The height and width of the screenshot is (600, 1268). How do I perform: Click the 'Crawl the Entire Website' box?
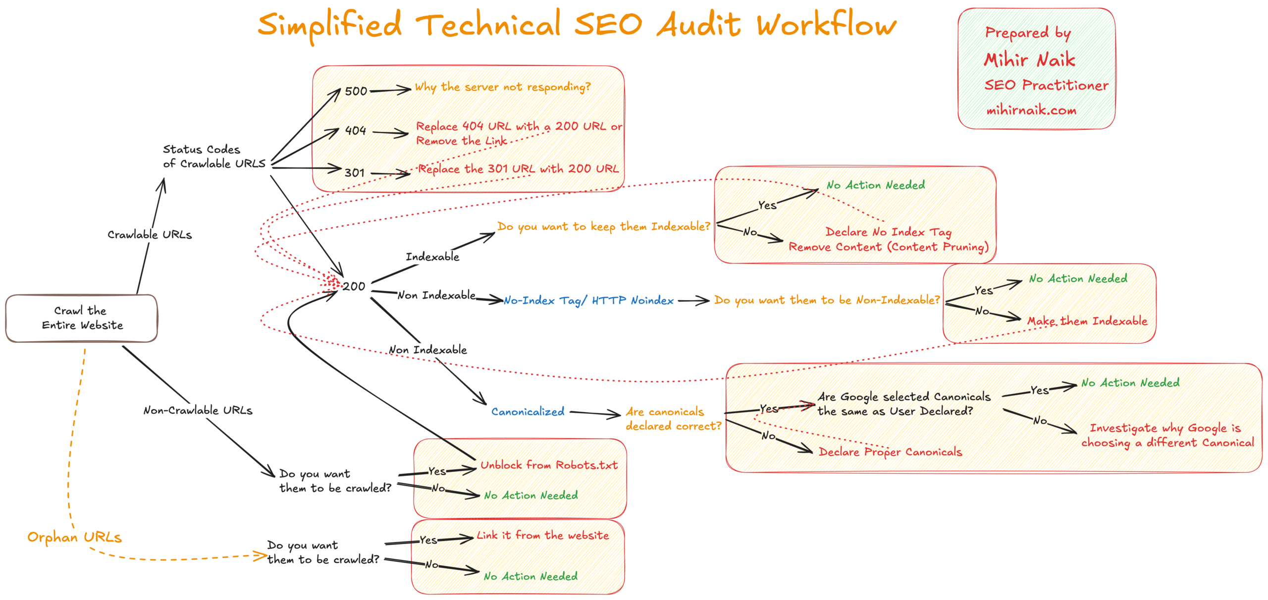click(x=82, y=318)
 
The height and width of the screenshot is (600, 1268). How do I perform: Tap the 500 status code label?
click(x=356, y=91)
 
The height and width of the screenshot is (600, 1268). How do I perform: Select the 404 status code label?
click(x=355, y=131)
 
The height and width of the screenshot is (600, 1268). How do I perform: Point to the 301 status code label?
click(x=355, y=173)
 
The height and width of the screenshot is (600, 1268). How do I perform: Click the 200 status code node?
click(x=354, y=286)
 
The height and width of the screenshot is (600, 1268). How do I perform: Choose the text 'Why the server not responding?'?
click(x=502, y=87)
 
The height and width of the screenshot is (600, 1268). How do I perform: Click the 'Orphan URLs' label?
click(x=74, y=537)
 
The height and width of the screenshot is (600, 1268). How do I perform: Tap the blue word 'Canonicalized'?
click(x=528, y=411)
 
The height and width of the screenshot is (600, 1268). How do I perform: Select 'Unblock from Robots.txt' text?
click(x=549, y=465)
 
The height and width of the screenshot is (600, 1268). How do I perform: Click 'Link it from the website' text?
click(x=542, y=535)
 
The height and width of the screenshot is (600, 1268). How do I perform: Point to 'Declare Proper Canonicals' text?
click(x=890, y=452)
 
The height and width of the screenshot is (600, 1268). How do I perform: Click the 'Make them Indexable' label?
click(x=1087, y=321)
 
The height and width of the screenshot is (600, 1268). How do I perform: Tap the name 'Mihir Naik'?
click(x=1029, y=60)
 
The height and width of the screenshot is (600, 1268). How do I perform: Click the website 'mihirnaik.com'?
click(x=1031, y=110)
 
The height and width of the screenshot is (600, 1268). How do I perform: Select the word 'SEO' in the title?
click(x=608, y=25)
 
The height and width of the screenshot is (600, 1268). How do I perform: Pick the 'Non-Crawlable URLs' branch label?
click(x=198, y=410)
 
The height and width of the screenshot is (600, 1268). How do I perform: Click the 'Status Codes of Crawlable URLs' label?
click(x=214, y=156)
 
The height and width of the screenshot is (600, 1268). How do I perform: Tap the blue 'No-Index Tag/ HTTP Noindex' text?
click(x=588, y=300)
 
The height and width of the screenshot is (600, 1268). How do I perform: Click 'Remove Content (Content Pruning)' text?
click(x=888, y=247)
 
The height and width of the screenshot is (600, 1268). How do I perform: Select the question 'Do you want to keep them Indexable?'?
click(x=603, y=226)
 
